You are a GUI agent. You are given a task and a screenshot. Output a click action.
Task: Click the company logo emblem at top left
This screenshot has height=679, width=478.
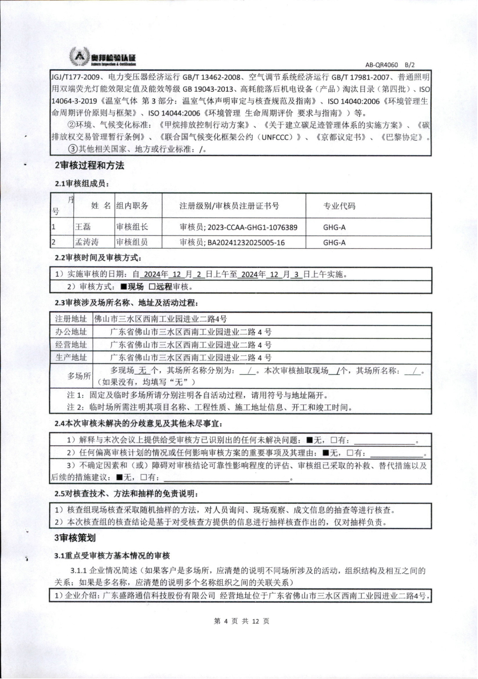(x=79, y=57)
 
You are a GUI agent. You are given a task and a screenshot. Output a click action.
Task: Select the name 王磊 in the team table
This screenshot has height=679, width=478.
(x=83, y=227)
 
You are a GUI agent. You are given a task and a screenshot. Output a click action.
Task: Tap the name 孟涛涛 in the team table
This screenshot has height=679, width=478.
(x=87, y=242)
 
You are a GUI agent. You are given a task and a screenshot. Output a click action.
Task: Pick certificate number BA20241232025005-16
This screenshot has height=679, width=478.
(x=246, y=243)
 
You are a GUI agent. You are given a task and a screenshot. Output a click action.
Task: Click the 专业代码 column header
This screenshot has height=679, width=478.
(x=339, y=206)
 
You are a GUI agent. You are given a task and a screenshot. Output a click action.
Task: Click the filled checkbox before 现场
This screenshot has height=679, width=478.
(x=123, y=287)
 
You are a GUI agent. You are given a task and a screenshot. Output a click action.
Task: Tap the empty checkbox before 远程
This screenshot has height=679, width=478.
(x=152, y=287)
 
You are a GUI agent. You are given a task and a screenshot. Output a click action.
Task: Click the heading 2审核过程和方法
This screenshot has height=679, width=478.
(x=89, y=166)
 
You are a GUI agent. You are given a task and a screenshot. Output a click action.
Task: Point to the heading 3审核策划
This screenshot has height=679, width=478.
(x=75, y=538)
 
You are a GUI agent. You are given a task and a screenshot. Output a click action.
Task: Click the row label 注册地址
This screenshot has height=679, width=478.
(x=71, y=319)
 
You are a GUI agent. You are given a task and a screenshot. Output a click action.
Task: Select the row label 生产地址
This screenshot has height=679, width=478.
(x=71, y=358)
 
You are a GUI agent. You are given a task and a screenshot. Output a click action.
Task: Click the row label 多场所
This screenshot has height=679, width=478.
(x=79, y=376)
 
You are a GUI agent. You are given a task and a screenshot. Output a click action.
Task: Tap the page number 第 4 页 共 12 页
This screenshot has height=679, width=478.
(x=241, y=621)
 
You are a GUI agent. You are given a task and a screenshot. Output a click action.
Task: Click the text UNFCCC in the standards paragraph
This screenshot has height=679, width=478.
(x=277, y=137)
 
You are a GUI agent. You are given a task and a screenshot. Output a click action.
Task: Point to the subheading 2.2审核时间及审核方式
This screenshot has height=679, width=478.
(x=98, y=258)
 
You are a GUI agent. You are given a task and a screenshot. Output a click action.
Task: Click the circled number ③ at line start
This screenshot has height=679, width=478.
(x=73, y=149)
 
